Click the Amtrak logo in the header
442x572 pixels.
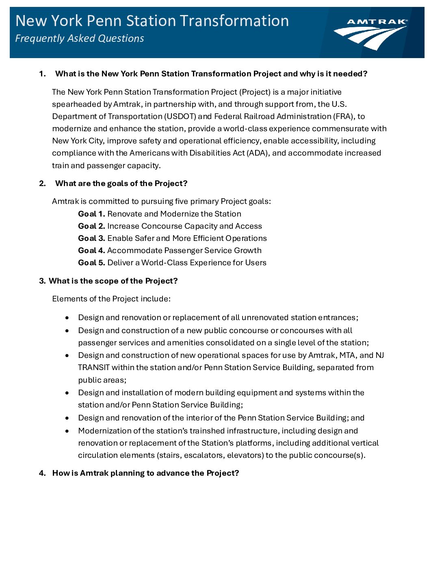coord(370,34)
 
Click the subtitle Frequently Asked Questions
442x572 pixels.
coord(80,39)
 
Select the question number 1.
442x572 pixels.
coord(42,74)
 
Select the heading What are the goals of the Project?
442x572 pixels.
coord(121,184)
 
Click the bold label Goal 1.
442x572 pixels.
coord(91,214)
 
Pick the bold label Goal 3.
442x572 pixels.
coord(91,238)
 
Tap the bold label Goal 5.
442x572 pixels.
coord(91,263)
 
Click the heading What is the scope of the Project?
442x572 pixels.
coord(113,281)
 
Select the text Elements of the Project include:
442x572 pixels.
coord(111,299)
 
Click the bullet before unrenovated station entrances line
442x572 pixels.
coord(67,318)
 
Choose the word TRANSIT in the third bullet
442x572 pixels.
coord(94,368)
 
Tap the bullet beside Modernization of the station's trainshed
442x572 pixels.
coord(67,431)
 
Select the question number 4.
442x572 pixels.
coord(42,473)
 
